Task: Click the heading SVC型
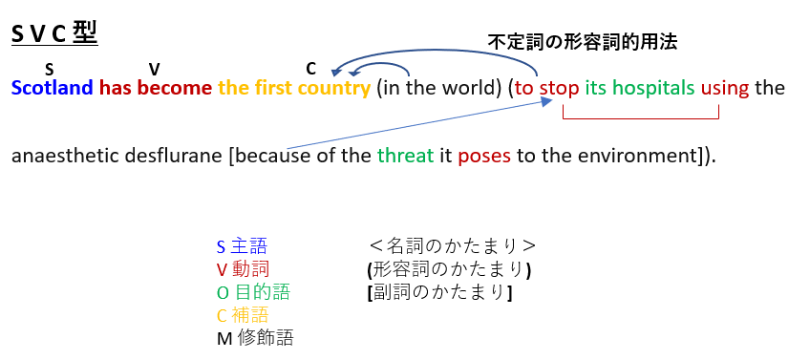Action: point(54,34)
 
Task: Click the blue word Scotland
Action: point(53,88)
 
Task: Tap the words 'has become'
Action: point(156,88)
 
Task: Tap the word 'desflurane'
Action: point(164,156)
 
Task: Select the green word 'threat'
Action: point(406,156)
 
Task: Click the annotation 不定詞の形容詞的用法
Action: point(583,42)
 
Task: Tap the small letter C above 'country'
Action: point(310,68)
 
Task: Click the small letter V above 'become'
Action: point(154,69)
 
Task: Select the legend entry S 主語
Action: point(242,246)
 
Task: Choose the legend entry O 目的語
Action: point(253,292)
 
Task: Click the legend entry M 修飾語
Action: point(255,338)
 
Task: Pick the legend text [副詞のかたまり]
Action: point(439,292)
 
